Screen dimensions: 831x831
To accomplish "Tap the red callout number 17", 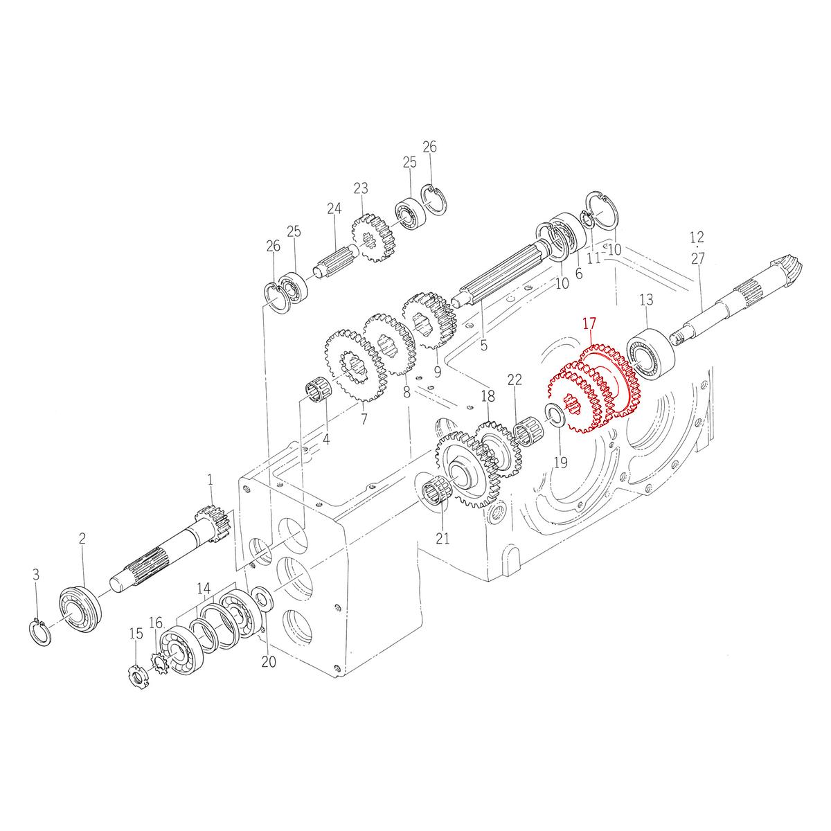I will pos(589,323).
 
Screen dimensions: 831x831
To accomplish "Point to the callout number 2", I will pos(82,538).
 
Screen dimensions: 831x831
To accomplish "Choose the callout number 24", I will pos(334,208).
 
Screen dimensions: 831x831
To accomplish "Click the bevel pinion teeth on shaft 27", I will pos(785,269).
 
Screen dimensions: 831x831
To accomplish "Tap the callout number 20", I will pos(269,661).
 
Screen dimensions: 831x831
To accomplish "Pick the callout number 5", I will pos(483,343).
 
